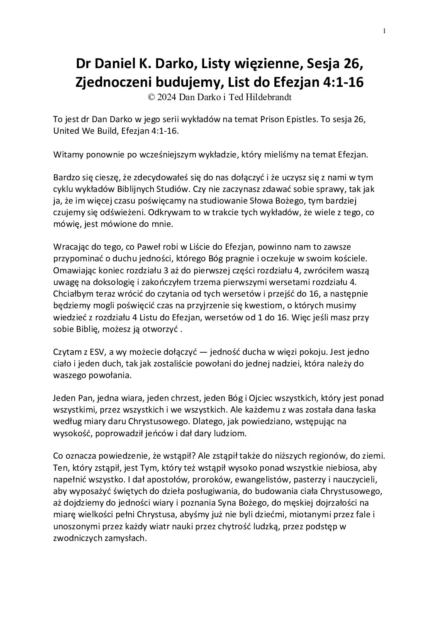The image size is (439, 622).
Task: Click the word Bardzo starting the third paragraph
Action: click(66, 178)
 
